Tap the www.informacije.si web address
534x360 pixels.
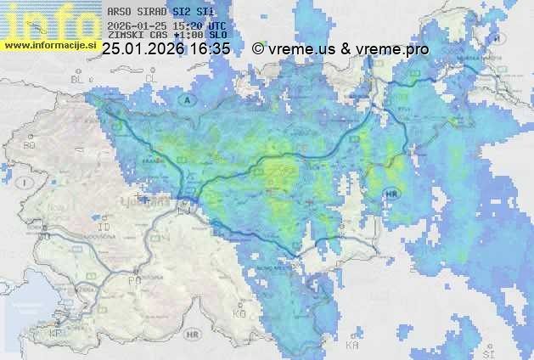point(51,44)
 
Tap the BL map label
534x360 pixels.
point(80,78)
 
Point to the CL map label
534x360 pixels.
point(152,78)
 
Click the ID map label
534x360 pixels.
point(105,228)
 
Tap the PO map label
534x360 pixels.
point(133,278)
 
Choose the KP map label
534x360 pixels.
point(56,334)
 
